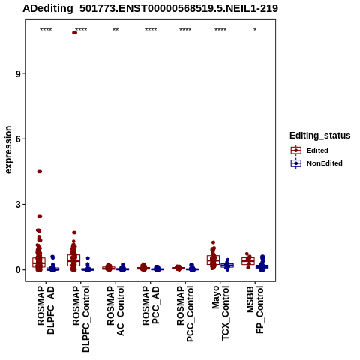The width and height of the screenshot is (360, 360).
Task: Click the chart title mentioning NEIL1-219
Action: click(150, 8)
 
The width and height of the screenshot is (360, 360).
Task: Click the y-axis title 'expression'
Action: click(8, 150)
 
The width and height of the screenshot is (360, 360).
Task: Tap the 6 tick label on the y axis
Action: click(19, 139)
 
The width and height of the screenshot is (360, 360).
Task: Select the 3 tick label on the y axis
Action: click(19, 205)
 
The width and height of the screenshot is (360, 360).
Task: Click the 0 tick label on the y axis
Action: click(19, 270)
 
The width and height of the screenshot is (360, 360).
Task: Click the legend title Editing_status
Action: click(320, 136)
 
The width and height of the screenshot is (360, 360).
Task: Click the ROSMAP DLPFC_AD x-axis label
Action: click(46, 310)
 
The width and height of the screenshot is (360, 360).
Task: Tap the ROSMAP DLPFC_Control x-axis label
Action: click(81, 319)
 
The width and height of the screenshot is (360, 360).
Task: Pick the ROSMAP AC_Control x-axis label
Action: click(115, 310)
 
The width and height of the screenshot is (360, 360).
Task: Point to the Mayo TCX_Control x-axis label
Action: click(220, 313)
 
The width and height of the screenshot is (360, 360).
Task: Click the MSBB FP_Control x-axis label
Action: click(255, 310)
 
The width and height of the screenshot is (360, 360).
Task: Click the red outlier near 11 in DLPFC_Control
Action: click(74, 33)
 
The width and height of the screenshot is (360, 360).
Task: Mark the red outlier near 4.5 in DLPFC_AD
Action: click(40, 172)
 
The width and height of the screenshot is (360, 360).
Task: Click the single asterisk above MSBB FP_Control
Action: click(255, 30)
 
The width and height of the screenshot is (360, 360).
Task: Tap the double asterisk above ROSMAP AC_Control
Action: click(115, 30)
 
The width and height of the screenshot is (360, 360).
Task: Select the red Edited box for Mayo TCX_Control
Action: click(213, 260)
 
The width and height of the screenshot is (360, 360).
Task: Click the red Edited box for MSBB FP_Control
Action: click(248, 261)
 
